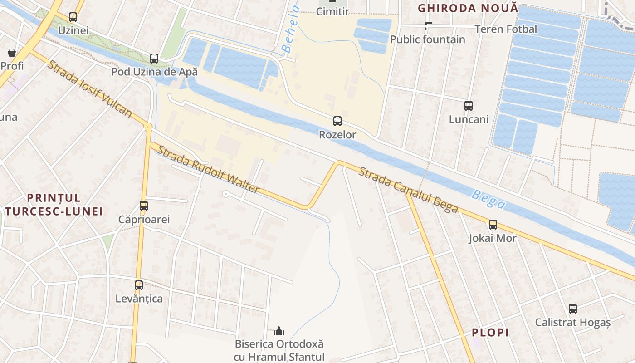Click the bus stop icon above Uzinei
tap(73, 17)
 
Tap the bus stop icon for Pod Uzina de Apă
tap(154, 59)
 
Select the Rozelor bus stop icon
tap(337, 121)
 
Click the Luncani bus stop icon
tap(469, 106)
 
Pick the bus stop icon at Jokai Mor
tap(493, 224)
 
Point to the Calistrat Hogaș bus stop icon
tap(573, 309)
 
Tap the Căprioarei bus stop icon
tap(144, 206)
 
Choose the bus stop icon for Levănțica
tap(139, 285)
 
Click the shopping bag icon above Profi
tap(12, 53)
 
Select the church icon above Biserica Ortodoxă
tap(279, 330)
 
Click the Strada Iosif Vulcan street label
tap(89, 88)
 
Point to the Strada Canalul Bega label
tap(408, 190)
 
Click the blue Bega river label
tap(488, 200)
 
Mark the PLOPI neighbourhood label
tap(490, 333)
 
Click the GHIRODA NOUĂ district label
tap(467, 8)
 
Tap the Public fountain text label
tap(428, 39)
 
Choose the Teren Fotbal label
tap(506, 29)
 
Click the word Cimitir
tap(332, 12)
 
